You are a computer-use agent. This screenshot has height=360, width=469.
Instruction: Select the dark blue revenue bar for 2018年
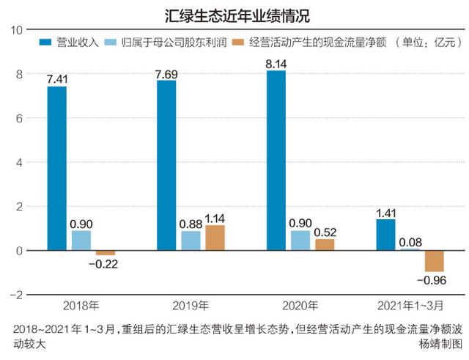click(56, 169)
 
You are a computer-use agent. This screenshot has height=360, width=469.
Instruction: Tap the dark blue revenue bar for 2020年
click(276, 161)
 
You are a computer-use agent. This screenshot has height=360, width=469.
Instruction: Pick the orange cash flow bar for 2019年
click(215, 238)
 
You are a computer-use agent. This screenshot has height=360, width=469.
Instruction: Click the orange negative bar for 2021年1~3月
click(435, 261)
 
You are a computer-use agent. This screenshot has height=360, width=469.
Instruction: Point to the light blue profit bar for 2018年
click(81, 240)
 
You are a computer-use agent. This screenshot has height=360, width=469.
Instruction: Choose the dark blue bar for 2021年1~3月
click(385, 235)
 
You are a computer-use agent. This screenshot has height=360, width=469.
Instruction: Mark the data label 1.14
click(215, 218)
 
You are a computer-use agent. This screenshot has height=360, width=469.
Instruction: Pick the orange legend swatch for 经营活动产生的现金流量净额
click(237, 43)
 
